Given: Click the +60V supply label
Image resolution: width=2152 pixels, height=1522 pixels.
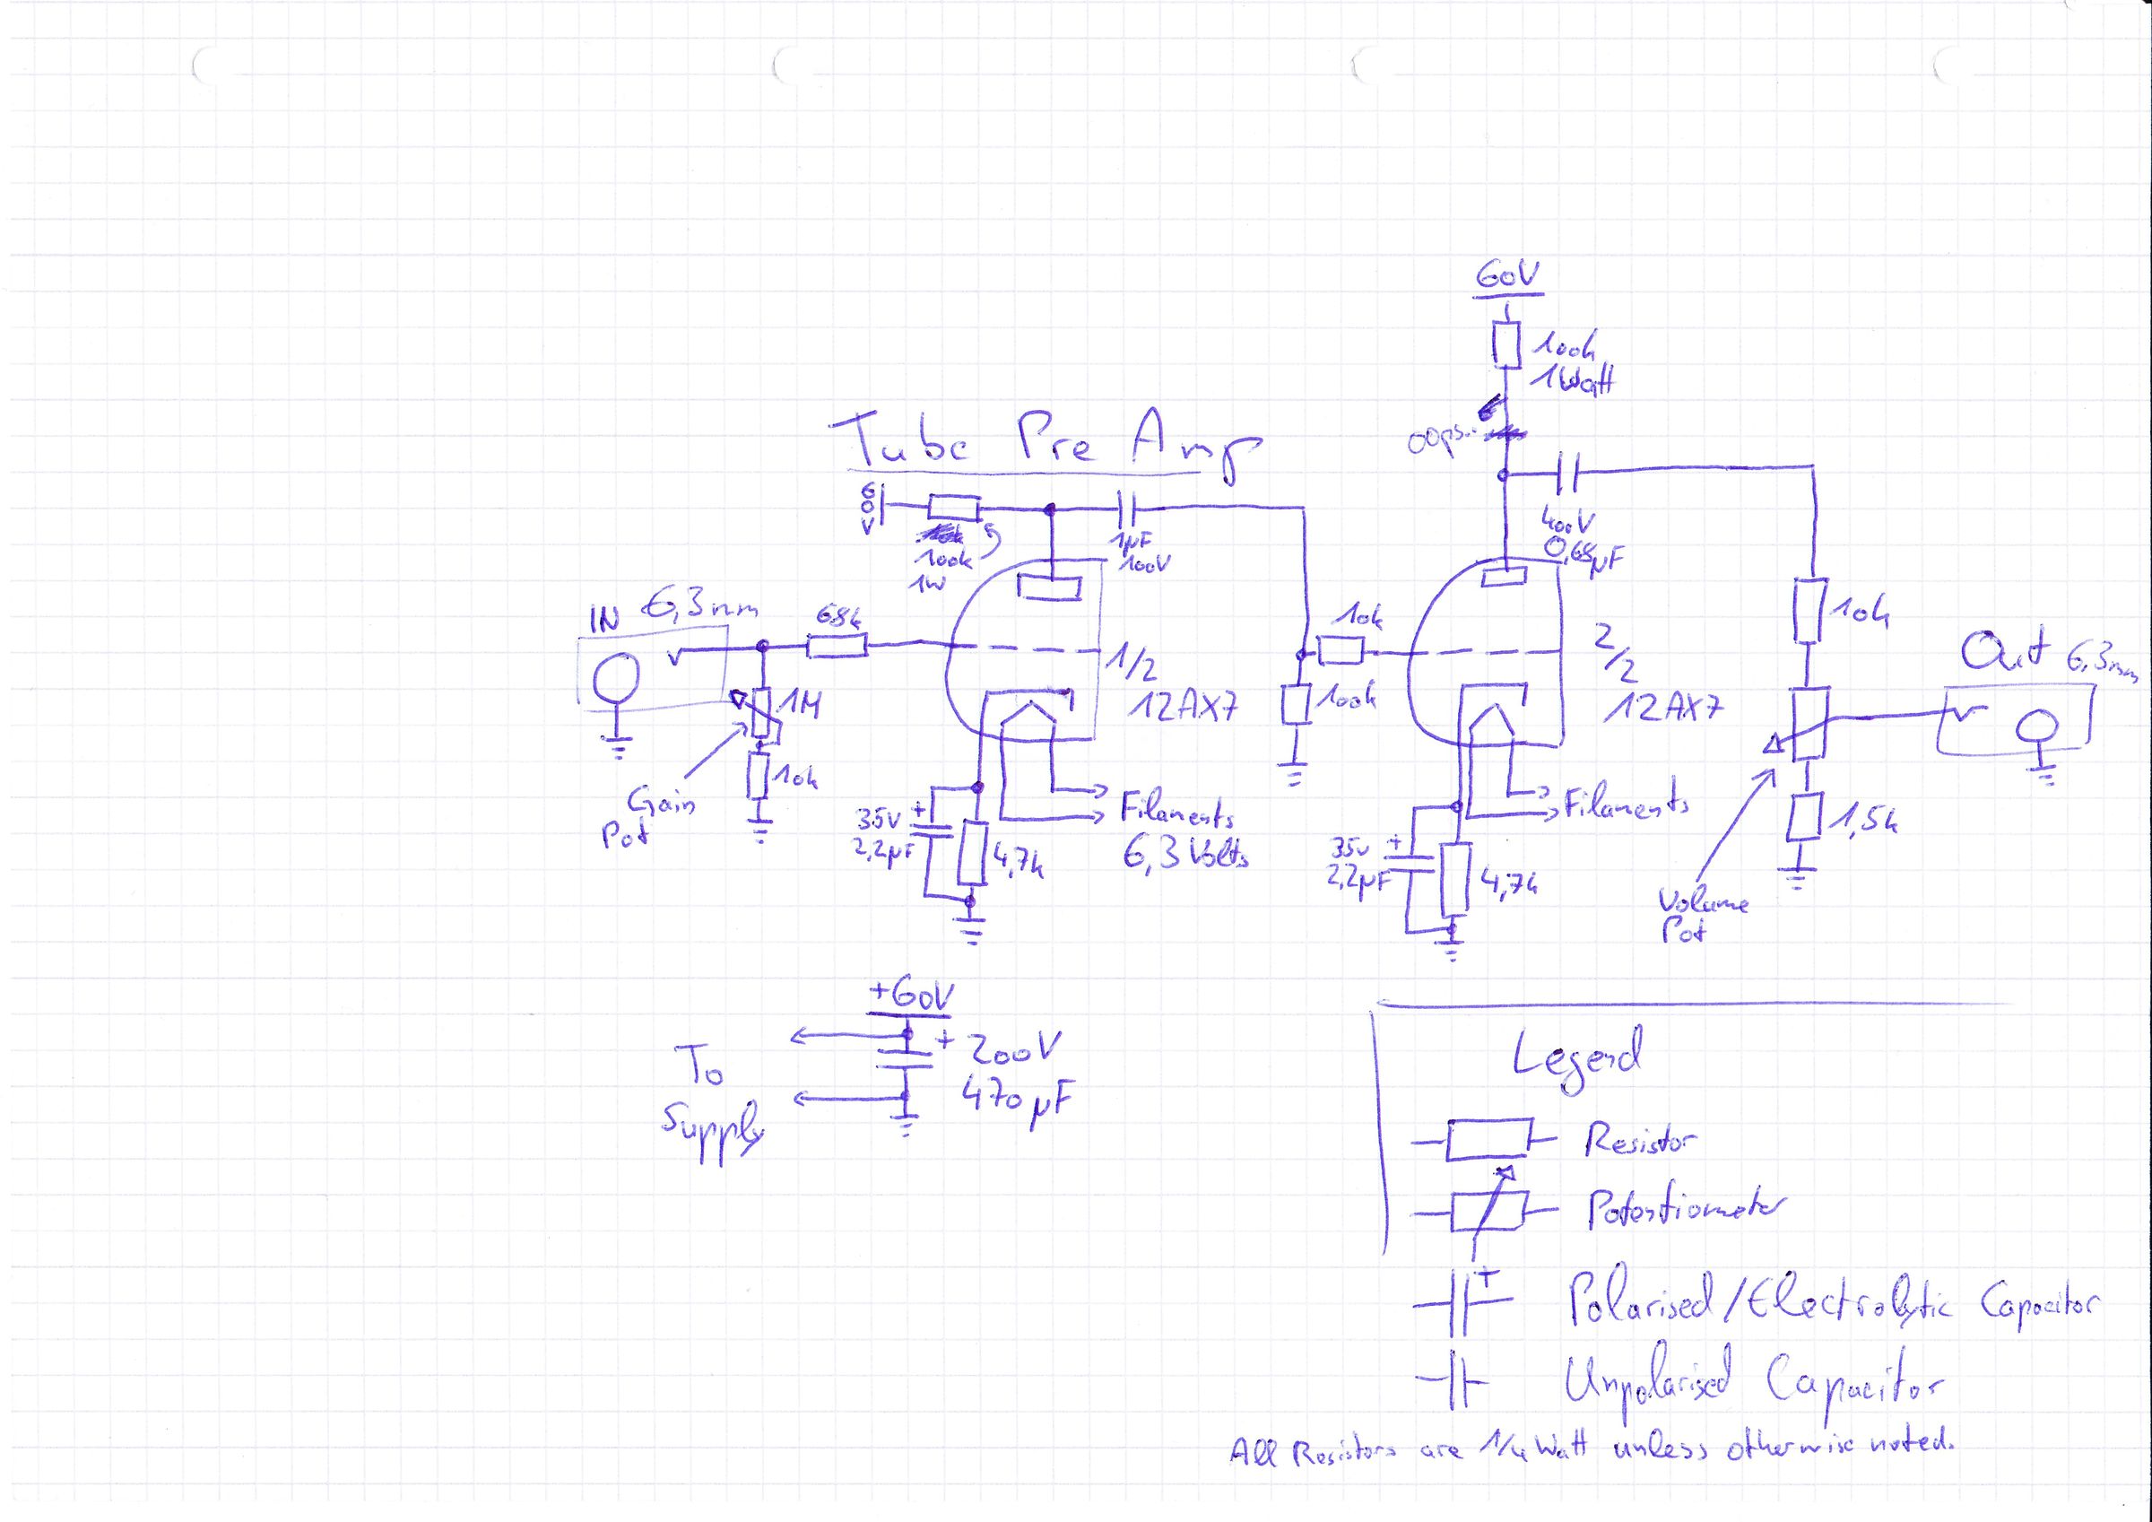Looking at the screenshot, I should [910, 996].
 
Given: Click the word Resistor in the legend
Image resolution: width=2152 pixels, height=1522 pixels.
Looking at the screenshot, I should [1641, 1139].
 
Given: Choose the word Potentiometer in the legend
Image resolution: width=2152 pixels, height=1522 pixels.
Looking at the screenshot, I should [1683, 1212].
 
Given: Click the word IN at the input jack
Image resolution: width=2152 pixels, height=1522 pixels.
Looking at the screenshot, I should [604, 621].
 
